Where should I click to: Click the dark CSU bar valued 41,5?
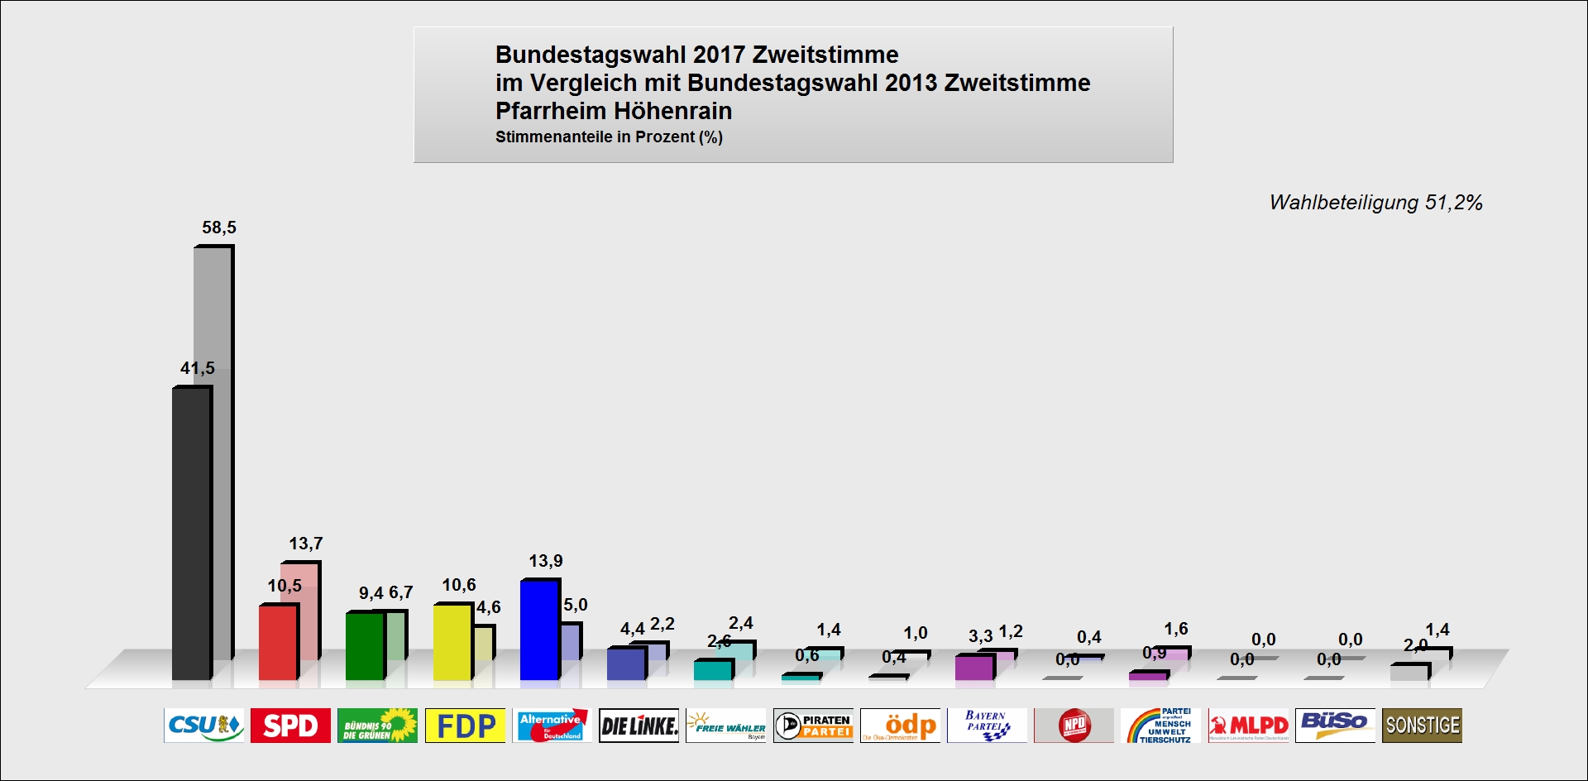point(191,534)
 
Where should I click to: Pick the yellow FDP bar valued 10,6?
point(452,642)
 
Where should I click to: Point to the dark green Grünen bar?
point(365,646)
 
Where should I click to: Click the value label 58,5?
point(219,228)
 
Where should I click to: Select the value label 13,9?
point(546,561)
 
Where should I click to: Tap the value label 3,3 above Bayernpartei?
point(980,636)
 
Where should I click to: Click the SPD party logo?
point(290,726)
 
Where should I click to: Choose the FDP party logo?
point(465,726)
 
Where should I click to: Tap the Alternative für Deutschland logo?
point(552,726)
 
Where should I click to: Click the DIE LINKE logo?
point(639,726)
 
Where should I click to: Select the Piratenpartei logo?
point(813,726)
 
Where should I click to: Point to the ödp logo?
point(900,726)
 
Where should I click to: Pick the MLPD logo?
point(1248,726)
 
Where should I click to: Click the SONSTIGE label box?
point(1422,726)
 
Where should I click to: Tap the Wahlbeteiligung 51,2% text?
point(1375,203)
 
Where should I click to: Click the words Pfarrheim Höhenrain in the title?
point(614,111)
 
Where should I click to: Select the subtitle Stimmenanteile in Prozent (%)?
point(609,137)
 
